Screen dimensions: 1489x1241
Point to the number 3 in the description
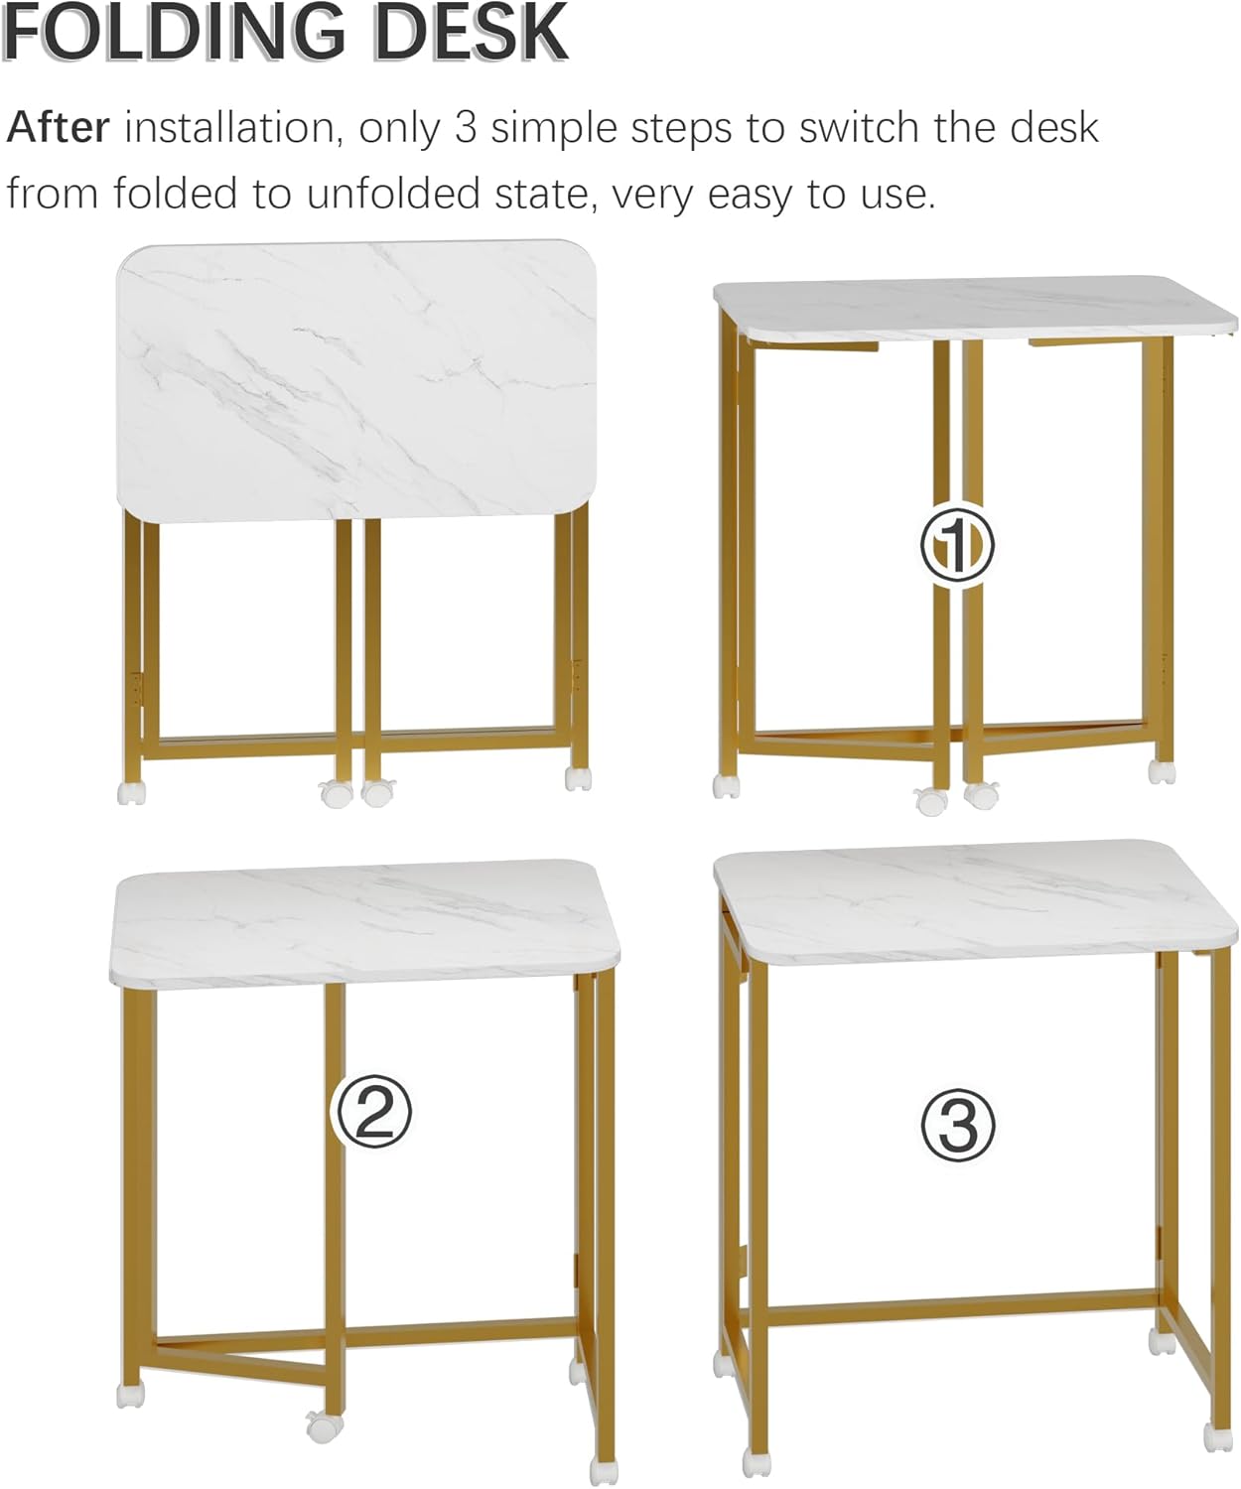coord(466,128)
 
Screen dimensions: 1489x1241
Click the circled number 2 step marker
coord(370,1112)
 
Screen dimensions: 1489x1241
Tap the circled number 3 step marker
coord(958,1125)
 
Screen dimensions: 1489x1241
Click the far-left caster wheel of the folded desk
coord(131,791)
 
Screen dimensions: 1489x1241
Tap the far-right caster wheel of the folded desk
coord(579,777)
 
